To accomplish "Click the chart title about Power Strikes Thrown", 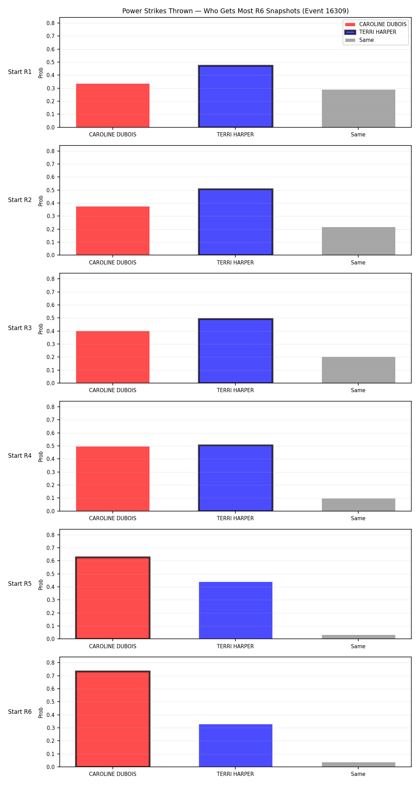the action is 235,11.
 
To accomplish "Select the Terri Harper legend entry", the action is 370,32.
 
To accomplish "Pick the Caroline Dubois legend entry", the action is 376,24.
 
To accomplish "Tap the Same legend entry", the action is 359,40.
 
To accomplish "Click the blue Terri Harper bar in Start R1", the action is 236,96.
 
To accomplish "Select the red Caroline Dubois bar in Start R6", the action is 113,719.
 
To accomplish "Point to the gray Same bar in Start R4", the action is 359,505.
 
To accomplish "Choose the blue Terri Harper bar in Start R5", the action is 236,610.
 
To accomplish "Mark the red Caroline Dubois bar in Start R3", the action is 113,357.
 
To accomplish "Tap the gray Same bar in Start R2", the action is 359,241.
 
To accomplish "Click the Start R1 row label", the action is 20,72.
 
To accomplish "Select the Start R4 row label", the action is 20,456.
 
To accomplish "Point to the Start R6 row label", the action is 20,712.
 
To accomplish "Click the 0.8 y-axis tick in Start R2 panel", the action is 51,151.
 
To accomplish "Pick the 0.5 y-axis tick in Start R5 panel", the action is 51,574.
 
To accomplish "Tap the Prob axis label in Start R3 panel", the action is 41,329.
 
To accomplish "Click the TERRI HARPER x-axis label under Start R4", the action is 235,518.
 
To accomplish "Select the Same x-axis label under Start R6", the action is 358,774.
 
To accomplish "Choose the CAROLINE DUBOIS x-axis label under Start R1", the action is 113,135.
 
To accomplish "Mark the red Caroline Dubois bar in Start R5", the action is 113,598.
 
